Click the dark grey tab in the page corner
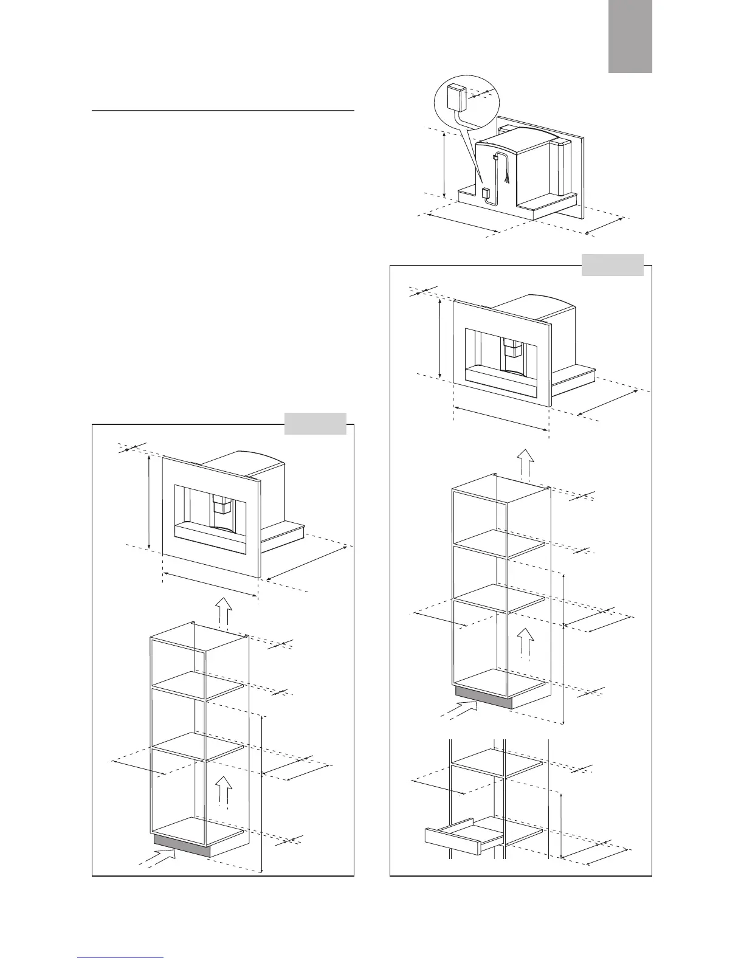coord(630,36)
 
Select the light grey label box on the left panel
coord(315,424)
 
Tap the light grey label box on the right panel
coord(612,265)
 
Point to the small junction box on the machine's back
coord(486,194)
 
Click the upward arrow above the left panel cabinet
coord(224,611)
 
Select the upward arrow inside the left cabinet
coord(224,789)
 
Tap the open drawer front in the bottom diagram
coord(453,841)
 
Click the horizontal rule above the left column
coord(223,111)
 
